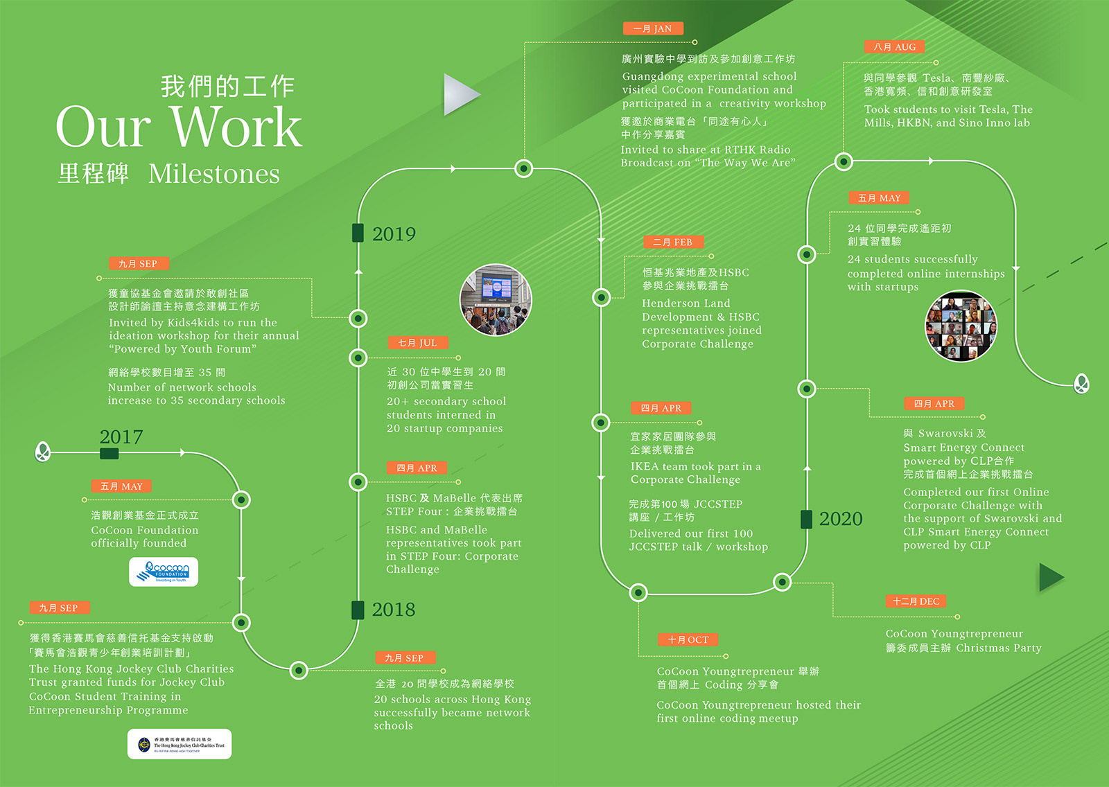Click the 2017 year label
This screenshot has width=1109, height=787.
pyautogui.click(x=121, y=437)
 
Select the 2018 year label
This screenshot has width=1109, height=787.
pyautogui.click(x=393, y=610)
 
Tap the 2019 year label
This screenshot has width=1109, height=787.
pyautogui.click(x=394, y=234)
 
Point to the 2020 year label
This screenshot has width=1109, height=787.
pyautogui.click(x=840, y=519)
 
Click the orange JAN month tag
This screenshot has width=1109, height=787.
pyautogui.click(x=653, y=28)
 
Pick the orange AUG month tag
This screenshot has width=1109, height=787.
pyautogui.click(x=894, y=47)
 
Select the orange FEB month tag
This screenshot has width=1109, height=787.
pyautogui.click(x=673, y=242)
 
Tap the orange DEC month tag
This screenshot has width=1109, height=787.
pyautogui.click(x=916, y=601)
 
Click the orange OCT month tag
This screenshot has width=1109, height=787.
pyautogui.click(x=688, y=639)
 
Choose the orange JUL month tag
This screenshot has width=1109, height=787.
pyautogui.click(x=417, y=342)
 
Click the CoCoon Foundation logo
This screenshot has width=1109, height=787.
pyautogui.click(x=164, y=572)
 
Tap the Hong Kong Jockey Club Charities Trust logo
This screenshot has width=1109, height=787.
pyautogui.click(x=180, y=744)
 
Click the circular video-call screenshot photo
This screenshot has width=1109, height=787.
pyautogui.click(x=961, y=326)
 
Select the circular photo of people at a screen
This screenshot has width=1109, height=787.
pyautogui.click(x=496, y=300)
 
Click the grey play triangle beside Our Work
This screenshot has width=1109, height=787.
pyautogui.click(x=460, y=94)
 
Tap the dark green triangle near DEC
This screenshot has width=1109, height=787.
pyautogui.click(x=1050, y=577)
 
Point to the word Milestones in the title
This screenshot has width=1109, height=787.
pyautogui.click(x=214, y=174)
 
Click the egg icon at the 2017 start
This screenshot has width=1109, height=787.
pyautogui.click(x=42, y=452)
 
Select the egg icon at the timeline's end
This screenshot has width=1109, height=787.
pyautogui.click(x=1081, y=383)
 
